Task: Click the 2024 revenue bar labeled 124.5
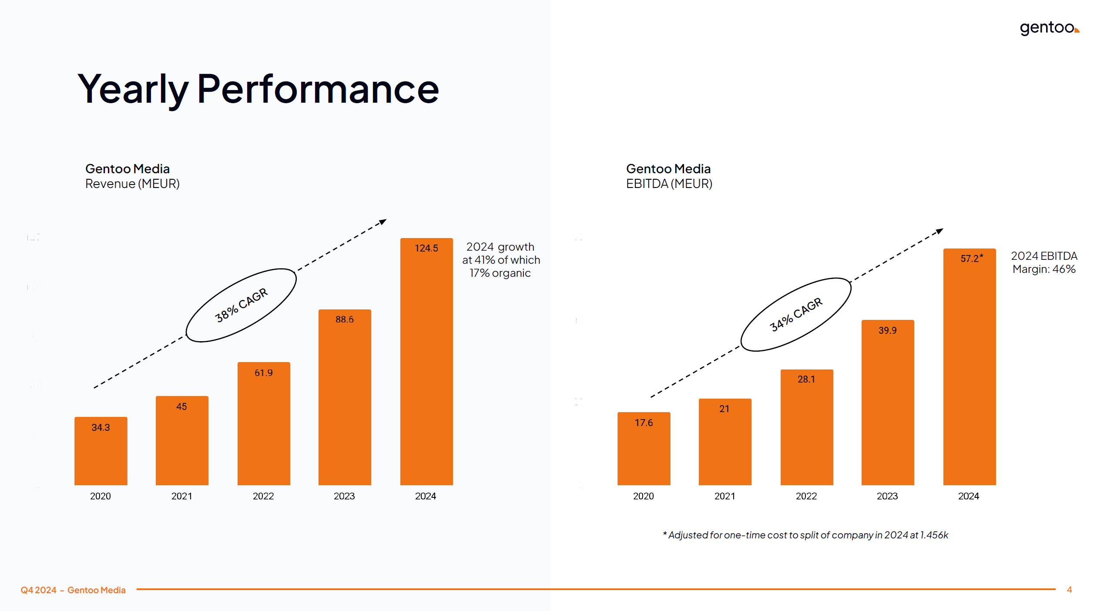[x=426, y=361]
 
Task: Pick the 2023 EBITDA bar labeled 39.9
[x=887, y=403]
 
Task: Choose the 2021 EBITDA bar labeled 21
[x=725, y=442]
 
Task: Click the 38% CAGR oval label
[x=241, y=305]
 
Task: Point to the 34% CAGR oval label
[x=795, y=314]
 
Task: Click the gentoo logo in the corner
[x=1049, y=28]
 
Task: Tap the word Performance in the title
[x=318, y=89]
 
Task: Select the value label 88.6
[x=344, y=319]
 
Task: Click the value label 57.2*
[x=971, y=258]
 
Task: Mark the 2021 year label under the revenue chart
[x=181, y=496]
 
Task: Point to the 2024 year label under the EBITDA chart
[x=968, y=496]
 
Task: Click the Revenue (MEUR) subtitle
[x=132, y=184]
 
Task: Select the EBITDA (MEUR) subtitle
[x=669, y=184]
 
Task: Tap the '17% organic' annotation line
[x=500, y=273]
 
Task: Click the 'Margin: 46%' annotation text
[x=1043, y=269]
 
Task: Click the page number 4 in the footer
[x=1069, y=590]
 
